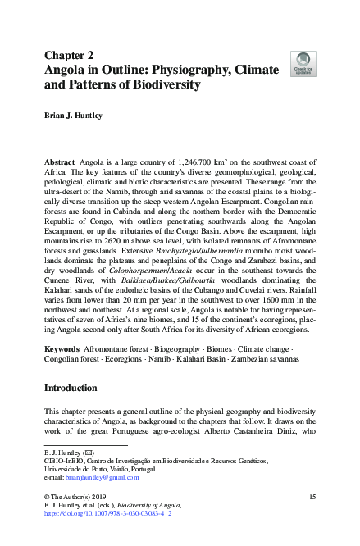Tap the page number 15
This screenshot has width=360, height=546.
pyautogui.click(x=311, y=498)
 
